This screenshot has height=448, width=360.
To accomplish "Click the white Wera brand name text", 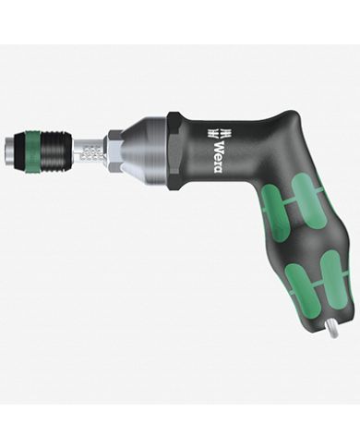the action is coord(218,157).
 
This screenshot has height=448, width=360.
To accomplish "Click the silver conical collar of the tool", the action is coord(144,152).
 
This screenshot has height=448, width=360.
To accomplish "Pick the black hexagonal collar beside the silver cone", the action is coord(174,152).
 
